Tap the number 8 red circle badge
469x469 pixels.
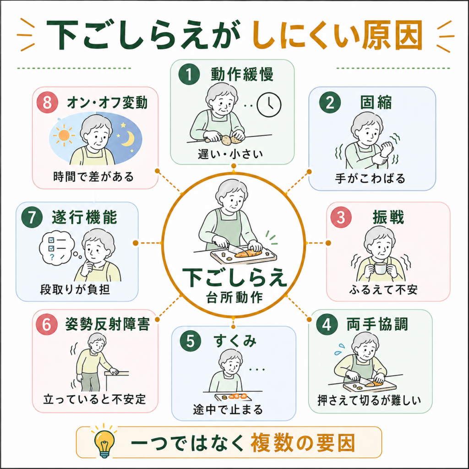(x=47, y=102)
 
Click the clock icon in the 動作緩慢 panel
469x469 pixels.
(x=269, y=105)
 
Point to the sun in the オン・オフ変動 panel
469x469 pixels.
(x=64, y=135)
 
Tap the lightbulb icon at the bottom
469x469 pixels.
(x=104, y=441)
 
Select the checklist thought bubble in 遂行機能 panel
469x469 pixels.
(x=57, y=248)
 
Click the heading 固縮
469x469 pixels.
(x=376, y=103)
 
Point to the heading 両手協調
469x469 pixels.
(x=377, y=324)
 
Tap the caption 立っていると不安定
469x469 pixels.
(x=94, y=399)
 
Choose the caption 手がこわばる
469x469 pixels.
(x=370, y=178)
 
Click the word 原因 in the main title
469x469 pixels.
(x=392, y=35)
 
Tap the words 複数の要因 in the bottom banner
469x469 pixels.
(x=303, y=443)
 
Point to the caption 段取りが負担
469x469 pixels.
(x=75, y=289)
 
